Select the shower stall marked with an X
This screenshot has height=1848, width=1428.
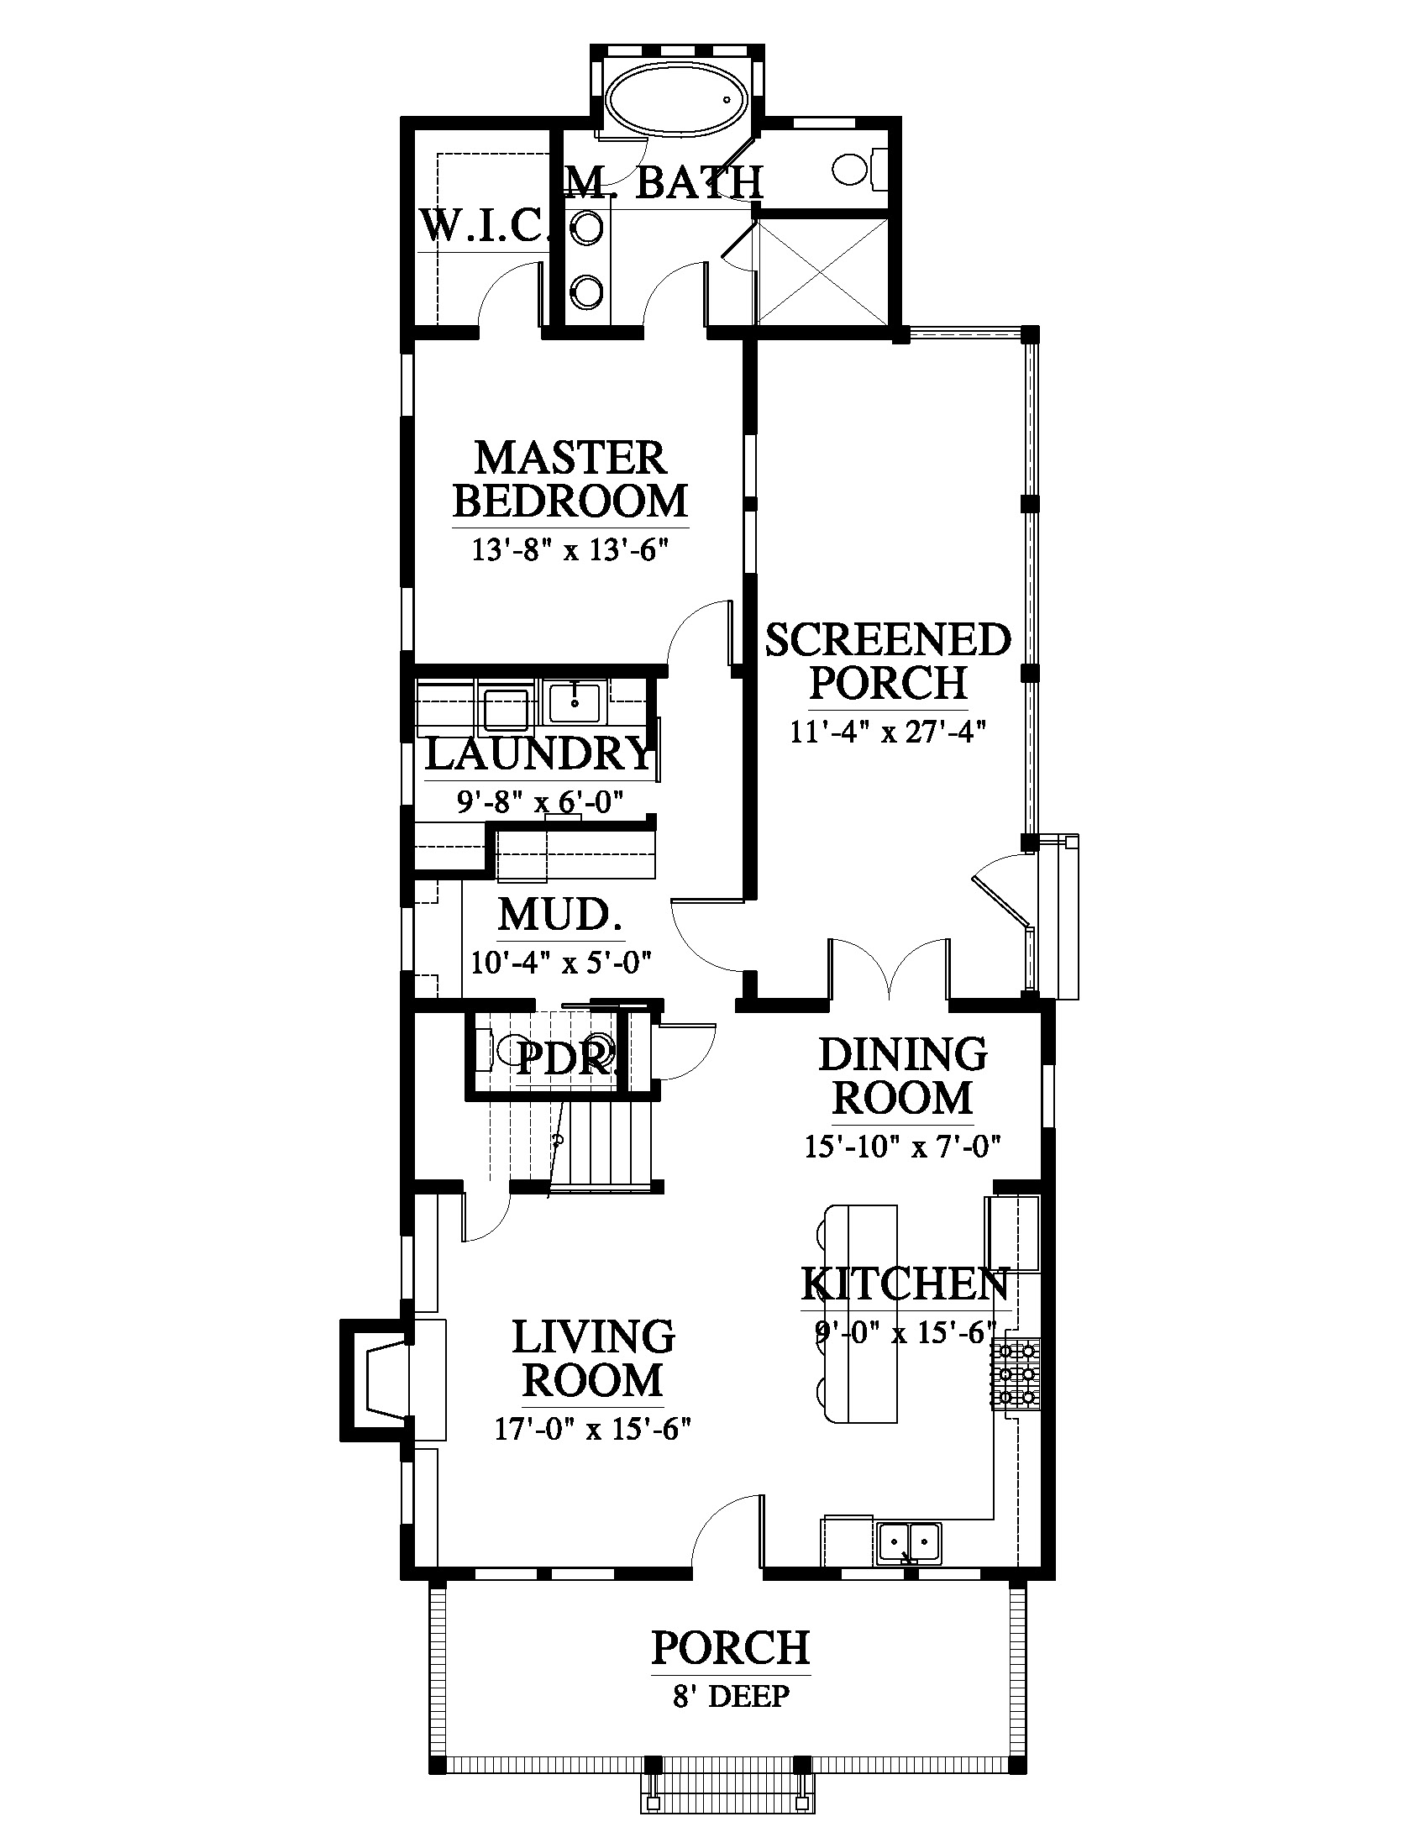click(822, 271)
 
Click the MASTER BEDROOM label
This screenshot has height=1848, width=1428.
click(570, 479)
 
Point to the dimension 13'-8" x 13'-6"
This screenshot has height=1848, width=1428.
click(570, 551)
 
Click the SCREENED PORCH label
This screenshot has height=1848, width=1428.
click(888, 661)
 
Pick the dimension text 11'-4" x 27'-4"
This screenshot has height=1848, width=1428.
click(888, 731)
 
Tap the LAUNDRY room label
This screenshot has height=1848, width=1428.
click(540, 754)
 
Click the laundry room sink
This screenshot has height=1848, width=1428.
click(574, 703)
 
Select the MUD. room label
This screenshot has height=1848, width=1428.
click(559, 914)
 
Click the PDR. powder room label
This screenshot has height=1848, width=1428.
click(563, 1057)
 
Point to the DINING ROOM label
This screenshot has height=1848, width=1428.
click(903, 1075)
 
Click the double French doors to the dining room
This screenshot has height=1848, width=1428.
click(888, 969)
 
